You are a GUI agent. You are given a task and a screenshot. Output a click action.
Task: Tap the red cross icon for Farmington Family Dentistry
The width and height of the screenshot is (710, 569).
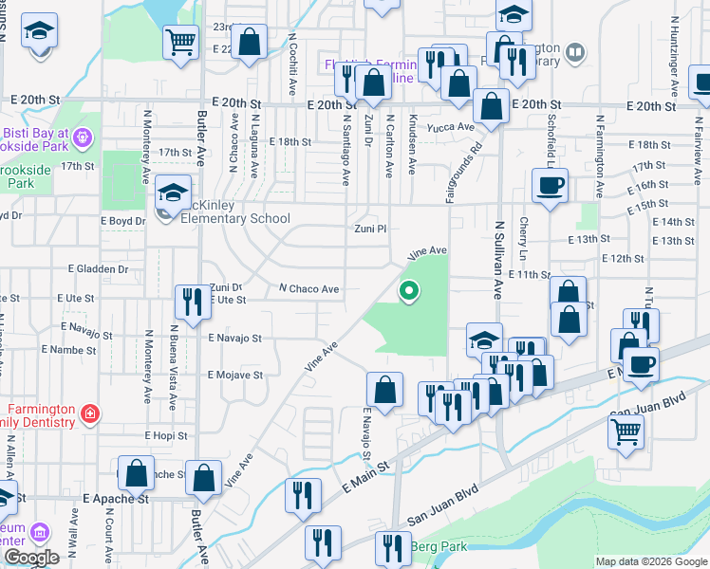pos(90,413)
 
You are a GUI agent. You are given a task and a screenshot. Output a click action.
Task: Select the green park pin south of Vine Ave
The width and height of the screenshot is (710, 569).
pos(409,291)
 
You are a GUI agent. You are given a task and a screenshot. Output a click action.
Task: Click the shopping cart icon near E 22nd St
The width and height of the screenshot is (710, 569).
pos(179,42)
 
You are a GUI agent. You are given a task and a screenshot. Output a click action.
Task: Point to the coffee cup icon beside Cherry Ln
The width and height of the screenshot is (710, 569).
pos(550,184)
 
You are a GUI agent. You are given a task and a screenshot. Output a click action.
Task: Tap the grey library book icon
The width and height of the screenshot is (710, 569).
pos(574,51)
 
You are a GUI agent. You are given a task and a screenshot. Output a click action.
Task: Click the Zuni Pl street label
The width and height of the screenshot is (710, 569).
pos(371,229)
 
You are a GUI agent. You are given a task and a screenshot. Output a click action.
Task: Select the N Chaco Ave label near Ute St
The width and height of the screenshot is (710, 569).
pos(308,289)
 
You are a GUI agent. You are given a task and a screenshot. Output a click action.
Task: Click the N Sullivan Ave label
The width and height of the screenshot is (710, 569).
pos(497,261)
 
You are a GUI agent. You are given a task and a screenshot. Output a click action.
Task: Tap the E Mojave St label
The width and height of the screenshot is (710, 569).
pos(235,376)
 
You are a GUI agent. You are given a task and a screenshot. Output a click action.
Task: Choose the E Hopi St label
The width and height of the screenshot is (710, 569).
pos(167,435)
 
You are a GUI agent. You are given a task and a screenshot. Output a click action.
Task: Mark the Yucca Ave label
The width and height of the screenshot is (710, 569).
pos(453,127)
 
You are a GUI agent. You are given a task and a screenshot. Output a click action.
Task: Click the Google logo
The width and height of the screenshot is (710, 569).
pos(31,558)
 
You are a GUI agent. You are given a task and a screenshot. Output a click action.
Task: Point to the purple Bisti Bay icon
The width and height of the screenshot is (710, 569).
pos(83,137)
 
